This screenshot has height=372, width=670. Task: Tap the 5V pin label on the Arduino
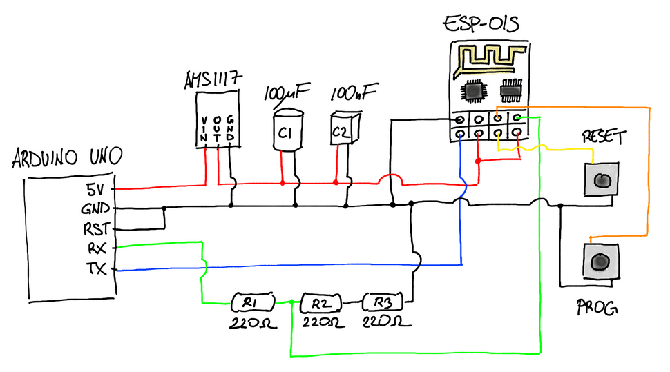(97, 188)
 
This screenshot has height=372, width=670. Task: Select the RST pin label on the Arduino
(95, 227)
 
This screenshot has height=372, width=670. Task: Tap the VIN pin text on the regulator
(204, 130)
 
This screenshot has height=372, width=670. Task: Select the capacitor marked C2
(341, 130)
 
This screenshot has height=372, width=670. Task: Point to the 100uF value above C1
(287, 92)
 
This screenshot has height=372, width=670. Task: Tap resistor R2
(319, 302)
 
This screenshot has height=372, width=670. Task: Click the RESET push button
(601, 180)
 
